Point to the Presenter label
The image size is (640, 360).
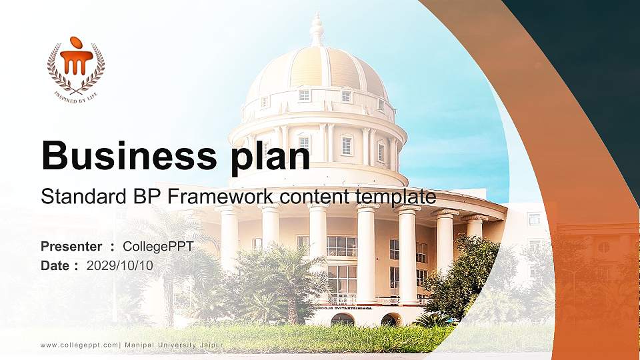pos(71,247)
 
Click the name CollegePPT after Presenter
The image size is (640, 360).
pos(158,247)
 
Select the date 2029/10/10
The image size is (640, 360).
pos(120,265)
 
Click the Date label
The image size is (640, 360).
pos(56,265)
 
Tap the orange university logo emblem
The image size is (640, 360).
pos(76,61)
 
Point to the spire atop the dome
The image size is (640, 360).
pos(317,30)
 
